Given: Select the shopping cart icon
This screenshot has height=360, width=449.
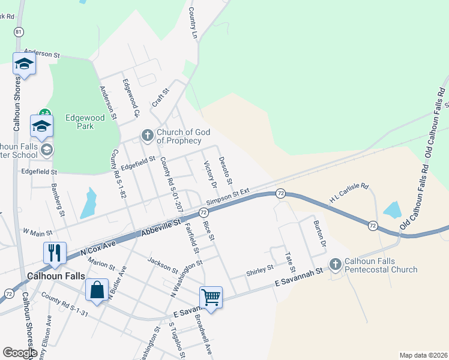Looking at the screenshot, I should point(211,296).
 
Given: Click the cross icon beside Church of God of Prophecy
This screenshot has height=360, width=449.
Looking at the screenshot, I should point(148,136).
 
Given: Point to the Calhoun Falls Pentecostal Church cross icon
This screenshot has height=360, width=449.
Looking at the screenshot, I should point(336,264).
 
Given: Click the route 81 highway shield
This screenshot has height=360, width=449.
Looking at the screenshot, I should point(20,31).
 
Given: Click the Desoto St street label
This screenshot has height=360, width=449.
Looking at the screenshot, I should point(226,170).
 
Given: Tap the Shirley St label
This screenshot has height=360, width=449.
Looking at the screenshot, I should point(259,271).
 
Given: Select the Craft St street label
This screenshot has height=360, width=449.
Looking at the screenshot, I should point(161,97).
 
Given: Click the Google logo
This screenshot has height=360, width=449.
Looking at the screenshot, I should point(20,353).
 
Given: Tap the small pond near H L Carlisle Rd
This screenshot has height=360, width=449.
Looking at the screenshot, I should point(392,209).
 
